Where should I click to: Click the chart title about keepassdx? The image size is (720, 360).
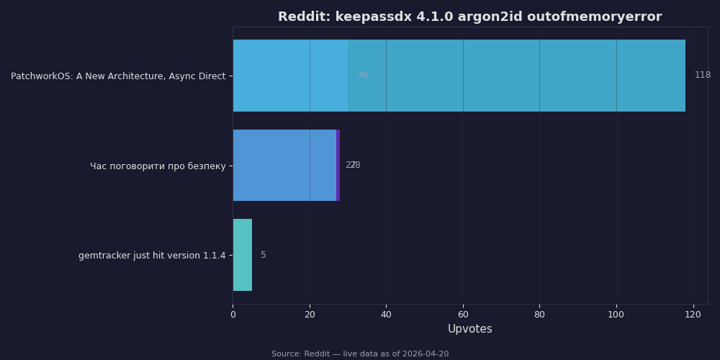(469, 17)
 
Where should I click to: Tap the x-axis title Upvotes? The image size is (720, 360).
(469, 329)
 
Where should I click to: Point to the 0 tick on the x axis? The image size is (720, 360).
(233, 314)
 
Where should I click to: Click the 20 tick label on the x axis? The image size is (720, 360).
(310, 314)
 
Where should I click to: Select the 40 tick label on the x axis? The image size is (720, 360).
(386, 314)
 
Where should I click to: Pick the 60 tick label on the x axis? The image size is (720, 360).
(463, 314)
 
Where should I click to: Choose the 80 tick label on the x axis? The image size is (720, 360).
(539, 314)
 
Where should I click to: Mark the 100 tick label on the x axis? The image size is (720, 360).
(616, 314)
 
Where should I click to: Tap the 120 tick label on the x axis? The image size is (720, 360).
(693, 314)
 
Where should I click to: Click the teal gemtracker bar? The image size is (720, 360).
(242, 255)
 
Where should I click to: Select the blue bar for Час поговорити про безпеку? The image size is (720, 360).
(284, 166)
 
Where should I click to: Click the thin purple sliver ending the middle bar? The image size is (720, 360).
(338, 166)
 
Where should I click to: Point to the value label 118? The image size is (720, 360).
(703, 76)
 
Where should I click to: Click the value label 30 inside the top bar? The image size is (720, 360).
(362, 76)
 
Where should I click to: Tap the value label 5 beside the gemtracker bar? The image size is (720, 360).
(264, 256)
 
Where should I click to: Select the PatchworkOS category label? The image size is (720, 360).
(118, 76)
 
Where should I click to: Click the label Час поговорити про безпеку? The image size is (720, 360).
(158, 166)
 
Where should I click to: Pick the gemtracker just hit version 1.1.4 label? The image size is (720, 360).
(152, 256)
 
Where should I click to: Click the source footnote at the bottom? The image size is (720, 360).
(360, 354)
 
